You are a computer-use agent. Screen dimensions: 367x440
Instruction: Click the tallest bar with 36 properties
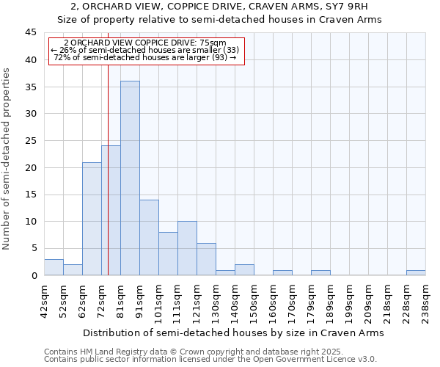130,178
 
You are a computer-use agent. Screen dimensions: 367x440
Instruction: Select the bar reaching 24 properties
111,211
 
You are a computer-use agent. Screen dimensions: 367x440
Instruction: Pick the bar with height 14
149,238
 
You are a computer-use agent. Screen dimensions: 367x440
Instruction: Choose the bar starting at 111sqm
187,248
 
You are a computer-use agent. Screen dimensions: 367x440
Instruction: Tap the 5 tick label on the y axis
33,248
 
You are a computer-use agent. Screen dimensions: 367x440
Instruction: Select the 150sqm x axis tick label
253,301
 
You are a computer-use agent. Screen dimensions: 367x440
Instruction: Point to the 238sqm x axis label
425,301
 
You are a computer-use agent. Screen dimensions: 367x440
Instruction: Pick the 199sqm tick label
348,301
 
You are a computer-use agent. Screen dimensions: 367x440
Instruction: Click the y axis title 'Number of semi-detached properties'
7,159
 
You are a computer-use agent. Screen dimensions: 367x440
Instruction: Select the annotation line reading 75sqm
145,43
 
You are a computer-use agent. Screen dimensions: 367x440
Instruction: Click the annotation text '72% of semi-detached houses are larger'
145,57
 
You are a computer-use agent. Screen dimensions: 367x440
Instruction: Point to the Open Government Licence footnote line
210,360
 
